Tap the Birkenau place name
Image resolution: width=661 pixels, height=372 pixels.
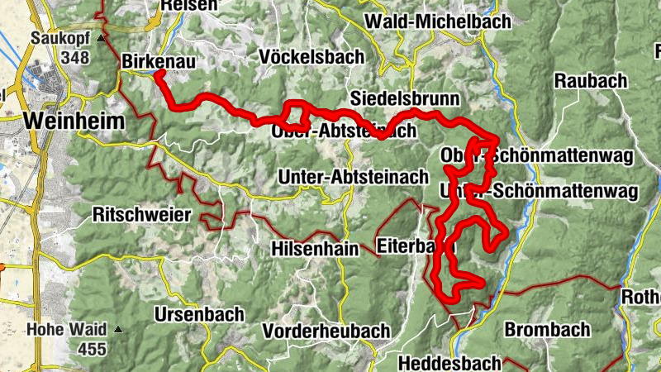[159, 61]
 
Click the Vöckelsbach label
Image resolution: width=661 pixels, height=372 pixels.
[311, 57]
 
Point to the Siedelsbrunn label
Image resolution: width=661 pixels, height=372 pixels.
[404, 98]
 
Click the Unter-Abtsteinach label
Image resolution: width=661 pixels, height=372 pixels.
[353, 177]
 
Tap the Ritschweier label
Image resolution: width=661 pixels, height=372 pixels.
[142, 215]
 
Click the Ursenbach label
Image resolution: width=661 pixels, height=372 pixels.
[198, 314]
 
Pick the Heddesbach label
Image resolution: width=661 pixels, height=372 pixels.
[449, 363]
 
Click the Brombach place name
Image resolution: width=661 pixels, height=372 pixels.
[547, 330]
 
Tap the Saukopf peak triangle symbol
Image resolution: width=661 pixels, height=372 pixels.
[101, 38]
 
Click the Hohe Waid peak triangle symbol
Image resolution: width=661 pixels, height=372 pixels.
[118, 329]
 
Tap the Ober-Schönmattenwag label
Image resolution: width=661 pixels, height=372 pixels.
[537, 155]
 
